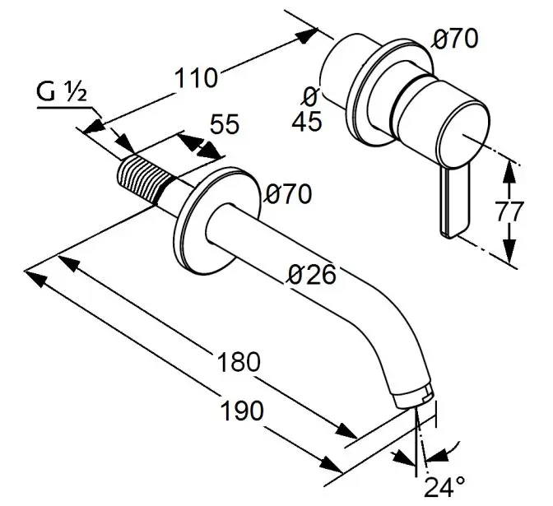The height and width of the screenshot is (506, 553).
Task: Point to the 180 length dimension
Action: coord(238,361)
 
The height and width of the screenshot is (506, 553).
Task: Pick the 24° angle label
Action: coord(444,486)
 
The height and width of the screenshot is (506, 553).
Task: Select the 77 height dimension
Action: coord(510,211)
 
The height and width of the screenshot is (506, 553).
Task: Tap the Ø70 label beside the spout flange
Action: coord(288,195)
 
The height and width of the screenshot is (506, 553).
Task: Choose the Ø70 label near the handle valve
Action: coord(455,38)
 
